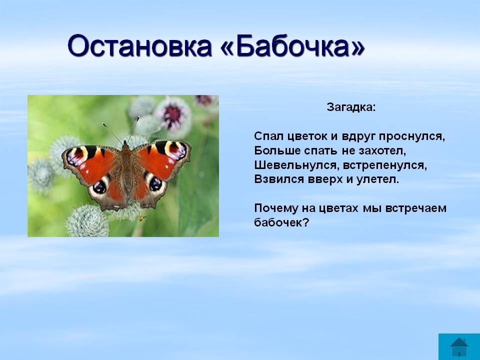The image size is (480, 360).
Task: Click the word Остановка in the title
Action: point(140,46)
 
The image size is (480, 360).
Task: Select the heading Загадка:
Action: point(351,107)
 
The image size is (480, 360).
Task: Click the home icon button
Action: point(459,346)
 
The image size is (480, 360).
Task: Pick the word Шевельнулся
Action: point(296,165)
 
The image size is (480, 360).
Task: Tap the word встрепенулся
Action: point(384,165)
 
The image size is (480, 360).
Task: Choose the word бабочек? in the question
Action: point(281,222)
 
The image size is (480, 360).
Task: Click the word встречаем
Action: point(415,208)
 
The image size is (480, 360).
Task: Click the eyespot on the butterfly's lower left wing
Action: point(99,186)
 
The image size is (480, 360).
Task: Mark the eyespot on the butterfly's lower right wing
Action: point(155,183)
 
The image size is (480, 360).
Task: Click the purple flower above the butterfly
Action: point(173,113)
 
